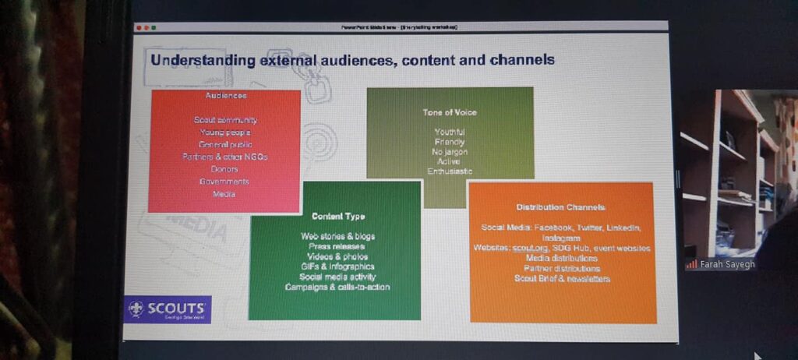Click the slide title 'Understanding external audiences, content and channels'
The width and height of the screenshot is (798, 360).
pyautogui.click(x=351, y=59)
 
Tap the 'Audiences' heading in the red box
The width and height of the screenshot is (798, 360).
pyautogui.click(x=226, y=95)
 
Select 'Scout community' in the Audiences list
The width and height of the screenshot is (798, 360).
pyautogui.click(x=225, y=120)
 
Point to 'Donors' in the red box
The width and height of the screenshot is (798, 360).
pyautogui.click(x=224, y=169)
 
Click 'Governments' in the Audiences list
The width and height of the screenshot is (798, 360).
pyautogui.click(x=224, y=182)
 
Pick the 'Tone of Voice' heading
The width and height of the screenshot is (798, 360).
pyautogui.click(x=450, y=112)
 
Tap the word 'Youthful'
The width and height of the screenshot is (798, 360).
pyautogui.click(x=450, y=132)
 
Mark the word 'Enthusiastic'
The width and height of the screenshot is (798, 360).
pyautogui.click(x=450, y=171)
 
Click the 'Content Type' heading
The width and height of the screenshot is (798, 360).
pyautogui.click(x=337, y=216)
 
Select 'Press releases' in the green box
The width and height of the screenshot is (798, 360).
pyautogui.click(x=337, y=245)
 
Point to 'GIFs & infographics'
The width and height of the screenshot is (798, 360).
pyautogui.click(x=337, y=266)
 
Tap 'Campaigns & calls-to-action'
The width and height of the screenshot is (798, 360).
pyautogui.click(x=337, y=287)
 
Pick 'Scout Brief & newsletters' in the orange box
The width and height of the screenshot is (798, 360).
pyautogui.click(x=560, y=278)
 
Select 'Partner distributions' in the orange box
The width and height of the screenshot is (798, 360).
pyautogui.click(x=560, y=268)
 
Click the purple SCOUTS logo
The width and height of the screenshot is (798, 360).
pyautogui.click(x=168, y=309)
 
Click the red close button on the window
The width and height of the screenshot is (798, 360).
pyautogui.click(x=139, y=27)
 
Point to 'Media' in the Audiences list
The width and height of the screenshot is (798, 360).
pyautogui.click(x=224, y=194)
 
